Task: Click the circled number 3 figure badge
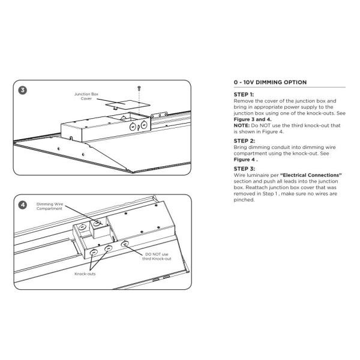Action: tap(23, 90)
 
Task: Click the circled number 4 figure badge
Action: tap(23, 205)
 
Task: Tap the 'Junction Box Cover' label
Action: tap(86, 96)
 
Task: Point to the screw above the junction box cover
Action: tap(139, 88)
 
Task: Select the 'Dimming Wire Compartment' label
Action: tap(50, 206)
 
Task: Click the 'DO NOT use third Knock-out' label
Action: tap(157, 256)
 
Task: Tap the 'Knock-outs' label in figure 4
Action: tap(85, 274)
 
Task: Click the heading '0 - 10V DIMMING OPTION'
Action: tap(270, 82)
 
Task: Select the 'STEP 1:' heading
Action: tap(244, 95)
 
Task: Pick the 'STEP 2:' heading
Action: tap(244, 141)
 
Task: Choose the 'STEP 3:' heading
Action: tap(244, 169)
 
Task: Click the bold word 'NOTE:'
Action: tap(242, 125)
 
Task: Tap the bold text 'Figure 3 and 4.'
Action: tap(253, 119)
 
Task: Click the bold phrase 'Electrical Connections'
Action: tap(311, 175)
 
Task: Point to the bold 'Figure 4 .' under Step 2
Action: tap(245, 160)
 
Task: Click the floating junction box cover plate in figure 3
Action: tap(128, 104)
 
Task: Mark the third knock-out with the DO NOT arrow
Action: tap(124, 244)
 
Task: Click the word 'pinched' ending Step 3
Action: tap(244, 200)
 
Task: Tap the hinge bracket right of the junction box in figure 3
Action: tap(159, 115)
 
